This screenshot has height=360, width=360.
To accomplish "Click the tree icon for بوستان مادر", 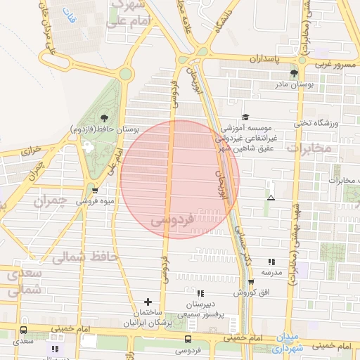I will coord(294,72).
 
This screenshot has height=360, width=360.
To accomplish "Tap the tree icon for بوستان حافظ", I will coord(104,117).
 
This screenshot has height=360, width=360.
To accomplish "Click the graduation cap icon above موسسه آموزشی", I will coord(245,117).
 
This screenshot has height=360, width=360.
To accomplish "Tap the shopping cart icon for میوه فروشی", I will coord(94,190).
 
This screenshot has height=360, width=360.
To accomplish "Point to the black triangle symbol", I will coord(271,198).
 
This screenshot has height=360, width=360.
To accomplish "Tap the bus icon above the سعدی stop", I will coord(24,330).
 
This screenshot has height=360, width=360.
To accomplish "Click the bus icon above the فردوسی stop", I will coord(187,339).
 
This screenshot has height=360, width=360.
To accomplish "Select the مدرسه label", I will coord(271,271).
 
